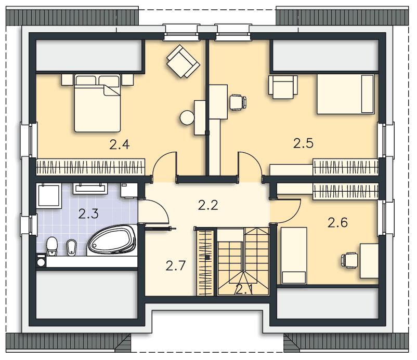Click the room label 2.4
click(x=120, y=144)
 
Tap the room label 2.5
click(x=303, y=143)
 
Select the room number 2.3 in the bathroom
click(x=88, y=214)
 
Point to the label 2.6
click(x=337, y=222)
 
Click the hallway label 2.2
click(x=208, y=205)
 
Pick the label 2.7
click(x=176, y=265)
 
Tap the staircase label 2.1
click(x=244, y=289)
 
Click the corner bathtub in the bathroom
click(x=112, y=241)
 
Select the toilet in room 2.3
click(x=52, y=246)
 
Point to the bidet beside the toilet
click(x=71, y=247)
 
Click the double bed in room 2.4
click(x=97, y=103)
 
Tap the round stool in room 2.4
click(x=187, y=117)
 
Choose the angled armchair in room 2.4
click(x=183, y=61)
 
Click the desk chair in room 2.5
click(x=238, y=102)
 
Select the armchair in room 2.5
click(x=283, y=87)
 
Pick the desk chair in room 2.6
click(x=349, y=260)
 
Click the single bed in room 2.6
click(x=294, y=256)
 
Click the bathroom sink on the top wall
click(x=90, y=188)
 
